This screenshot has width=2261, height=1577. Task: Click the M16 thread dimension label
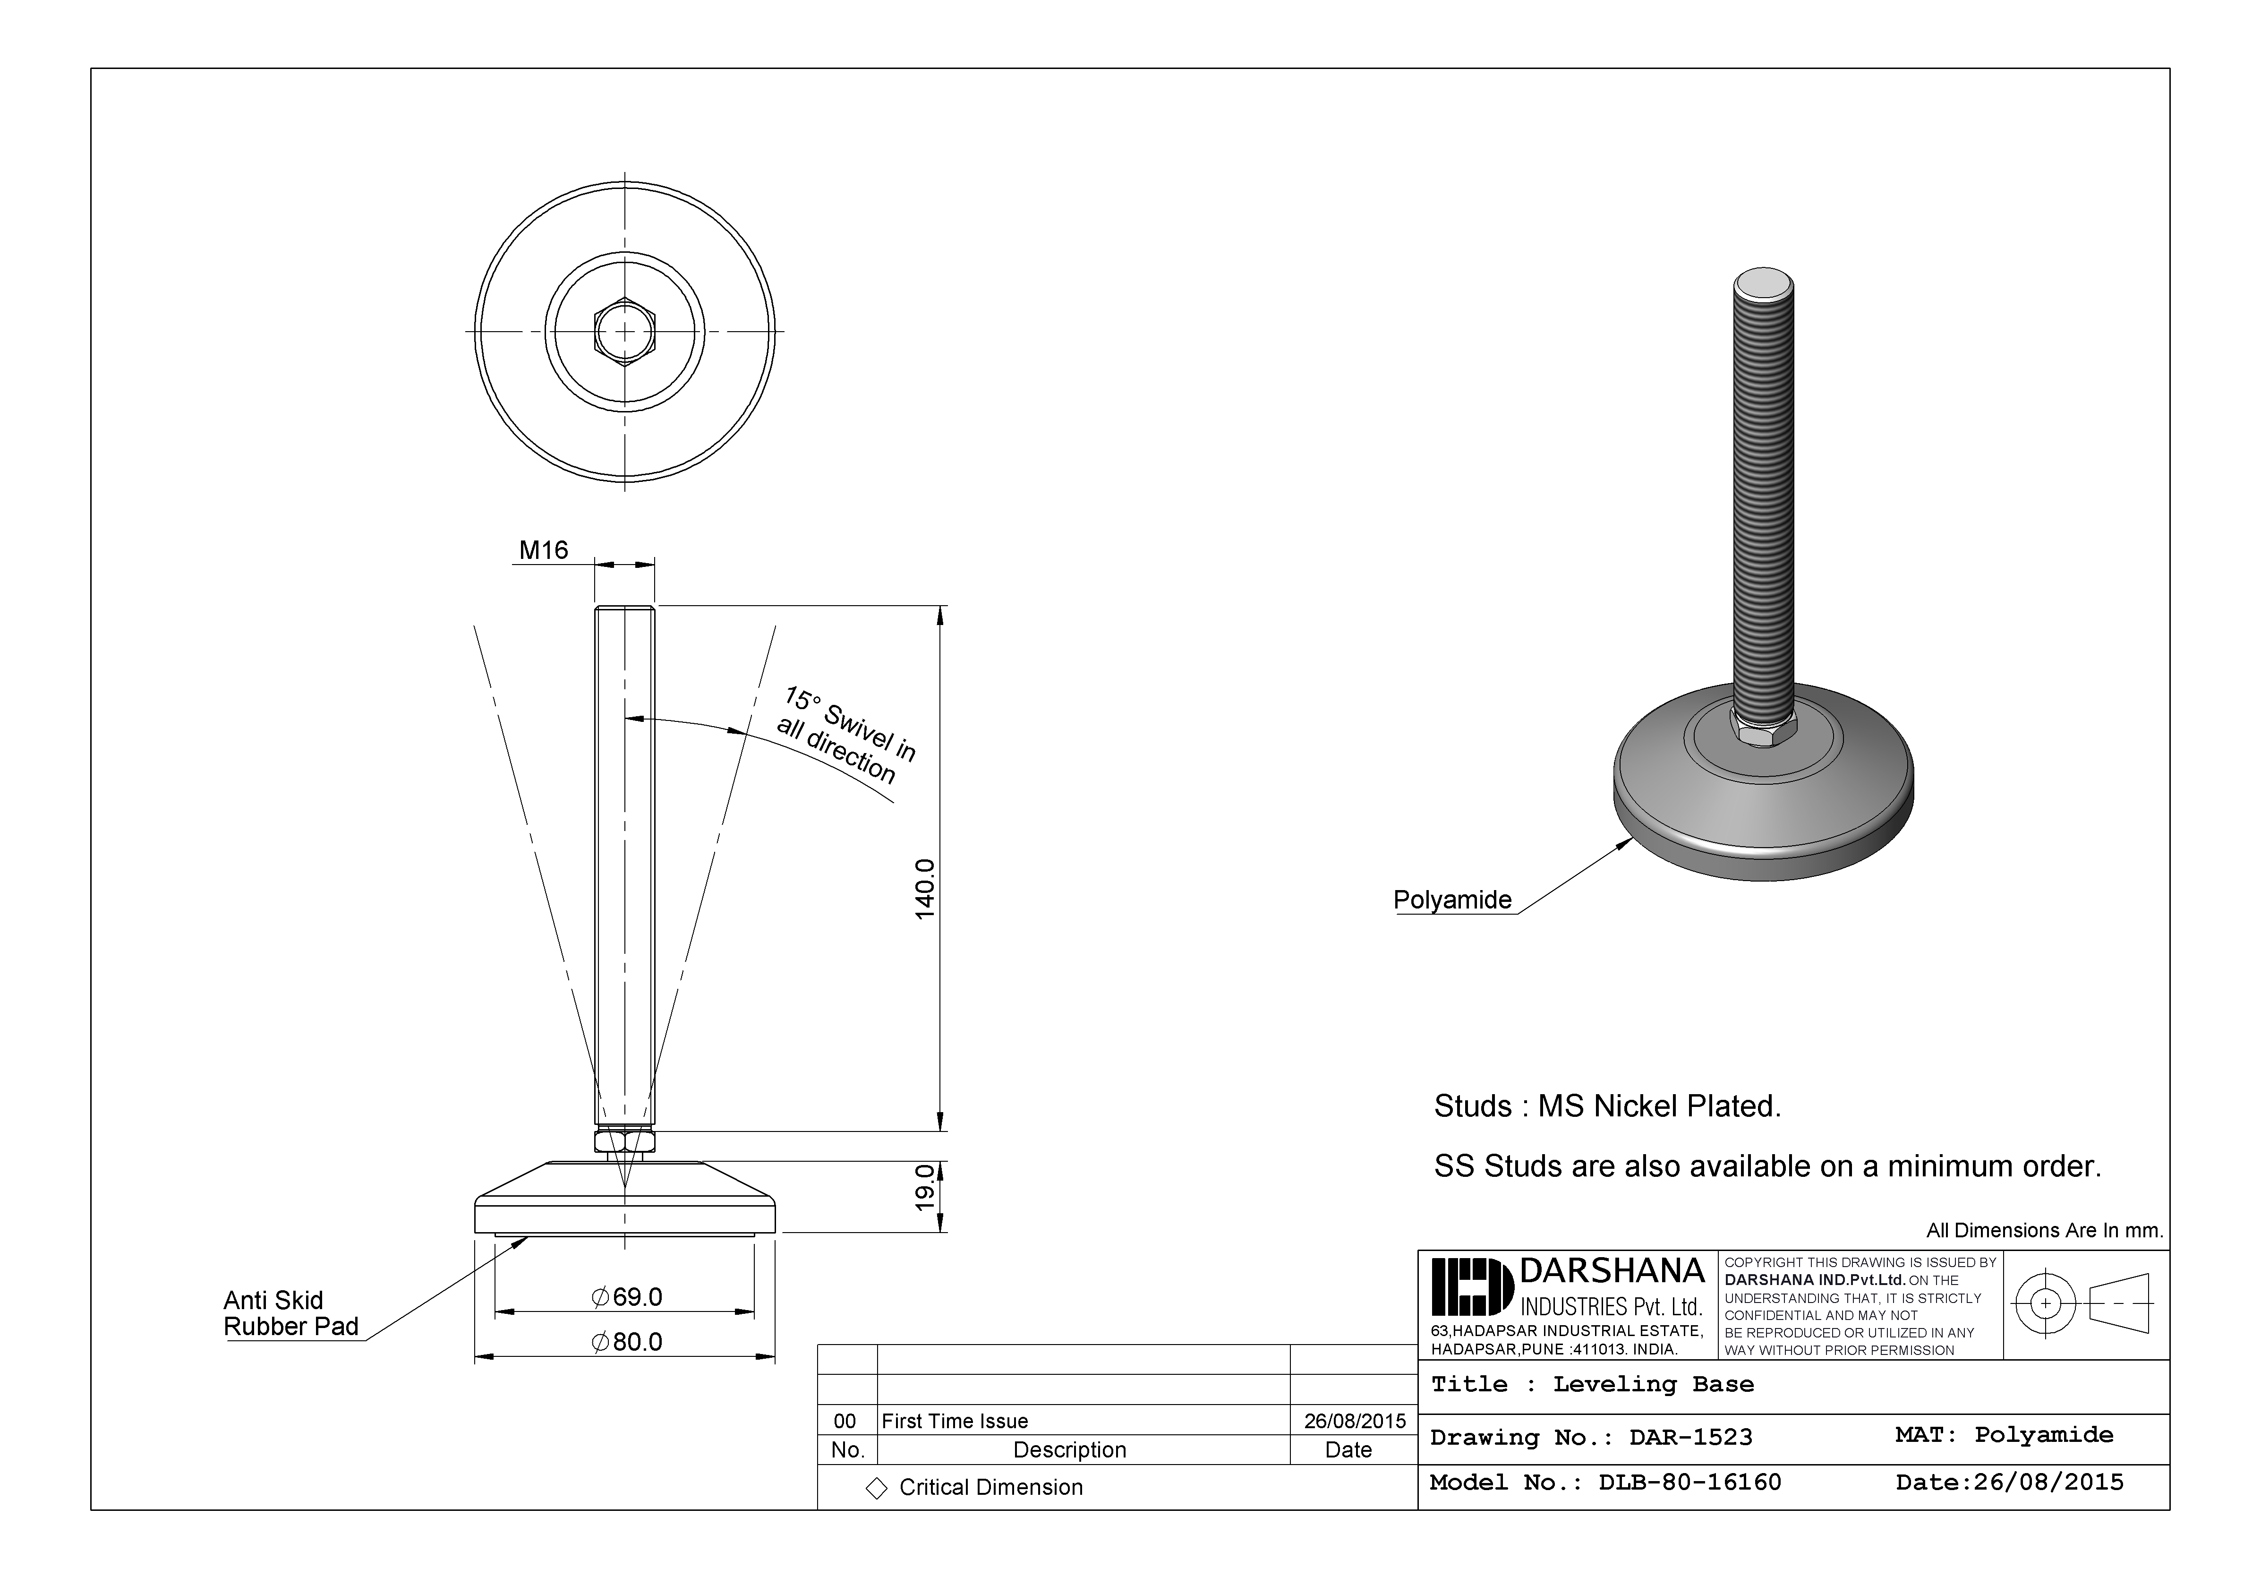[x=544, y=550]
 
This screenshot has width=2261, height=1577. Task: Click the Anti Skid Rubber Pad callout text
[x=290, y=1313]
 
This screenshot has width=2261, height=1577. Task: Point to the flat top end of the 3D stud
[x=1763, y=285]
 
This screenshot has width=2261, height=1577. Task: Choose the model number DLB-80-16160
[x=1690, y=1483]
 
